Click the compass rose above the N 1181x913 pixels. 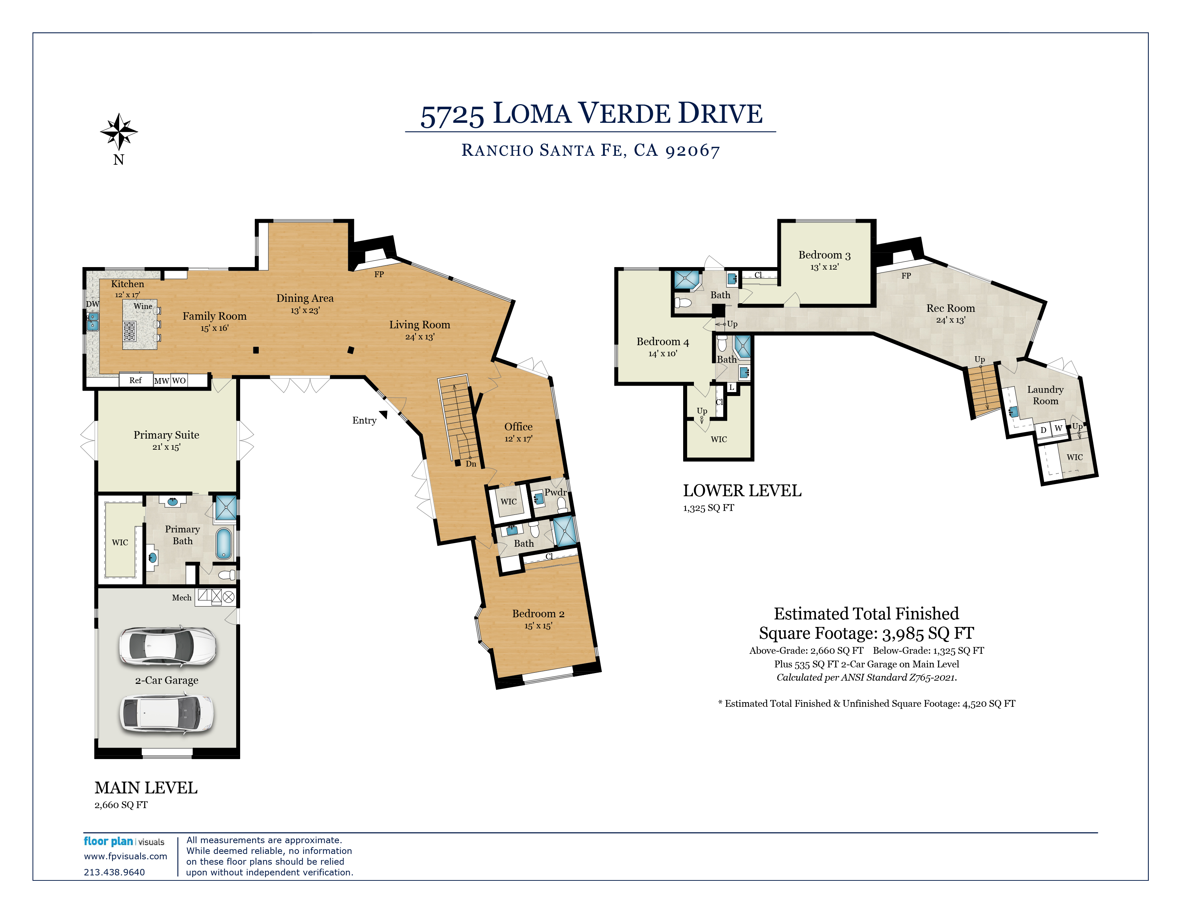pyautogui.click(x=119, y=131)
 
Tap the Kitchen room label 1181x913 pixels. pyautogui.click(x=128, y=284)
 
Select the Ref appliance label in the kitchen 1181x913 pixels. pyautogui.click(x=135, y=380)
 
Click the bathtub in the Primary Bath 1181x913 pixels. pyautogui.click(x=224, y=544)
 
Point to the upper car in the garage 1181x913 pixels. pyautogui.click(x=167, y=646)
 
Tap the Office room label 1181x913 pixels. pyautogui.click(x=518, y=427)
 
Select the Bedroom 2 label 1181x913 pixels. pyautogui.click(x=538, y=613)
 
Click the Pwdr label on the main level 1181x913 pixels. pyautogui.click(x=555, y=492)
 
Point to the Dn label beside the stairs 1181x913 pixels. pyautogui.click(x=471, y=464)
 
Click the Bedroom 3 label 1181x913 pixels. pyautogui.click(x=825, y=255)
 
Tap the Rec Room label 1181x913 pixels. pyautogui.click(x=951, y=308)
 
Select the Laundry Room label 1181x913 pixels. pyautogui.click(x=1045, y=395)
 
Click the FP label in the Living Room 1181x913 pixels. pyautogui.click(x=379, y=274)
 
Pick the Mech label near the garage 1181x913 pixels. pyautogui.click(x=182, y=598)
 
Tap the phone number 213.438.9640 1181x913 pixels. pyautogui.click(x=114, y=872)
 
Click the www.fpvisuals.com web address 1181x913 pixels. pyautogui.click(x=126, y=856)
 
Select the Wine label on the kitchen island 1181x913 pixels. pyautogui.click(x=143, y=306)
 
